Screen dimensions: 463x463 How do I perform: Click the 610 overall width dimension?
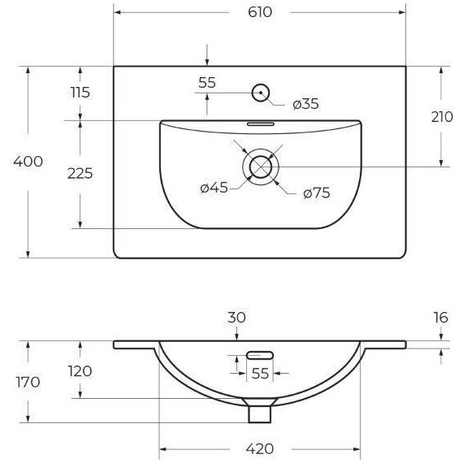point(260,12)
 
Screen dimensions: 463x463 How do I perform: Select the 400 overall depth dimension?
point(28,162)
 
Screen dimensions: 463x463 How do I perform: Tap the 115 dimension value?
point(80,92)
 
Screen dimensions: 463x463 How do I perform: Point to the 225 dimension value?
point(80,172)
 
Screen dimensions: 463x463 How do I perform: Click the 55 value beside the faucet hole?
point(207,82)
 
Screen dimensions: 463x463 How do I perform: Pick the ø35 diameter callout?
point(305,104)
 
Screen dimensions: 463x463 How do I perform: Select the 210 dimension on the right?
point(442,116)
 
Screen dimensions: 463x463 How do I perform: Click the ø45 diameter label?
point(214,188)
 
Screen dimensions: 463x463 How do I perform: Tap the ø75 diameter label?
point(315,193)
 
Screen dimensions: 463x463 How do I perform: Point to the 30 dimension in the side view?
point(236,318)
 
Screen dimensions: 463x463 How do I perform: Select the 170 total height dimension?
point(27,382)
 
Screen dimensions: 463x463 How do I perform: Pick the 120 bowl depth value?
point(80,371)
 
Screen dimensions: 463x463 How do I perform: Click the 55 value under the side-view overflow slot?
point(259,374)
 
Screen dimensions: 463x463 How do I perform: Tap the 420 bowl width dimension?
point(260,448)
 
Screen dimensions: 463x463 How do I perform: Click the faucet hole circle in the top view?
point(261,93)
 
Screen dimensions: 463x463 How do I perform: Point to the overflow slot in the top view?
point(261,125)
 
